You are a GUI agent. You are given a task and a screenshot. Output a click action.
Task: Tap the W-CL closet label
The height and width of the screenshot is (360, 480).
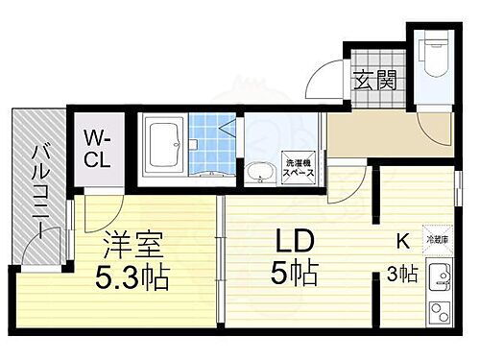click(96, 150)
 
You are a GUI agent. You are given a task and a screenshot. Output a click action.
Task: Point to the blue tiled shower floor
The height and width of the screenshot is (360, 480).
click(210, 136)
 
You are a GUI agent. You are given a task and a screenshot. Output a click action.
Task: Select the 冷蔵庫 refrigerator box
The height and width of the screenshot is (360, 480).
click(440, 240)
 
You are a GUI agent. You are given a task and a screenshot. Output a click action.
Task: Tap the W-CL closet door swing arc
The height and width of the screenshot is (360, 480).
click(99, 202)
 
